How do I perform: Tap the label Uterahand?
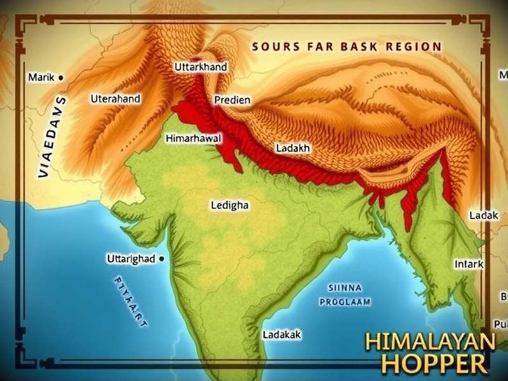[116, 99]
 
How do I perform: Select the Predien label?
[232, 100]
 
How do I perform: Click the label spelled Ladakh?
[293, 148]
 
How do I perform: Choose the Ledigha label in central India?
[229, 206]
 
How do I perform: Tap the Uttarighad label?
[129, 259]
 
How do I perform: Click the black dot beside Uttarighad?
[163, 258]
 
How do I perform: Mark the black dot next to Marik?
[60, 77]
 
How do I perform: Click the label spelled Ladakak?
[282, 334]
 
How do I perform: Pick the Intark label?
[470, 264]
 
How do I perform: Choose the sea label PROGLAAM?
[345, 302]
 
